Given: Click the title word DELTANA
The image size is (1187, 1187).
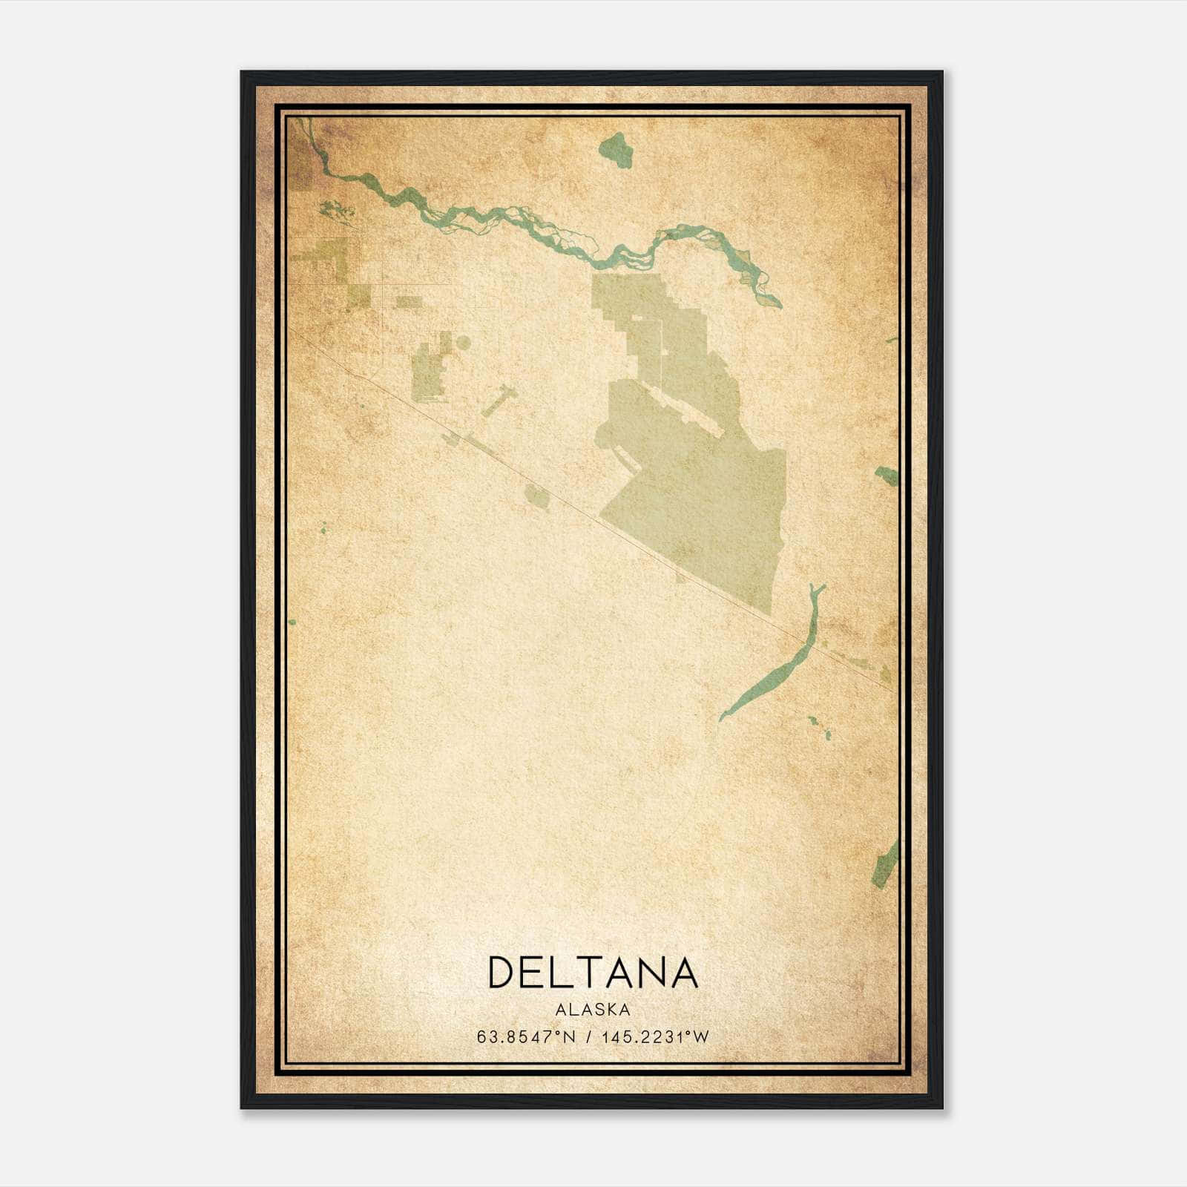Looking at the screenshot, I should (x=593, y=973).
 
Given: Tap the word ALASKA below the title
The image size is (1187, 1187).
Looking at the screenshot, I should (x=593, y=1010).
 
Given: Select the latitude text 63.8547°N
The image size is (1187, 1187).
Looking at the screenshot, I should (x=526, y=1036).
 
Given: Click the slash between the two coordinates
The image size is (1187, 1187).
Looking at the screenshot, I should (x=588, y=1036).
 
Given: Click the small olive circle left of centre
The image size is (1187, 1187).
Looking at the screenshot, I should (x=463, y=343).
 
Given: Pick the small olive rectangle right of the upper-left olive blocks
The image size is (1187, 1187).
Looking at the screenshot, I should (x=409, y=302).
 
